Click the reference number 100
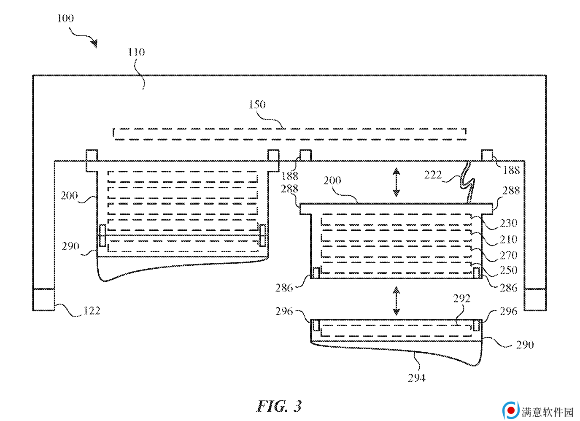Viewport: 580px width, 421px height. point(65,19)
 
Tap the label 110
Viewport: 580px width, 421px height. point(136,52)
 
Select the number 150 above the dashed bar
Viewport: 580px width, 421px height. point(257,105)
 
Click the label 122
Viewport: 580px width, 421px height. point(92,311)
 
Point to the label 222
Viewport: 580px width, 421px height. point(433,175)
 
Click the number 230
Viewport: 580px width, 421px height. point(509,223)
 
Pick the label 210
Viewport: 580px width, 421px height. point(509,240)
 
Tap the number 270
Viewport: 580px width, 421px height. point(509,256)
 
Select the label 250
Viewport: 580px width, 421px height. point(509,270)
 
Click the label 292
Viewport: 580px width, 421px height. point(461,299)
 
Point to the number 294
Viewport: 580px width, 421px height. point(417,378)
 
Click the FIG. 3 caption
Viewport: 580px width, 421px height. point(279,406)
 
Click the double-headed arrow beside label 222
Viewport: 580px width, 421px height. point(396,182)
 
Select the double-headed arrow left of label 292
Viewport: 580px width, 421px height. point(396,301)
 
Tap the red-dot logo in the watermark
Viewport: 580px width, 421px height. point(510,410)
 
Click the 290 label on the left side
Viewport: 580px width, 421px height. point(70,246)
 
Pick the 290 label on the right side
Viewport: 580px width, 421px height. point(525,345)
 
